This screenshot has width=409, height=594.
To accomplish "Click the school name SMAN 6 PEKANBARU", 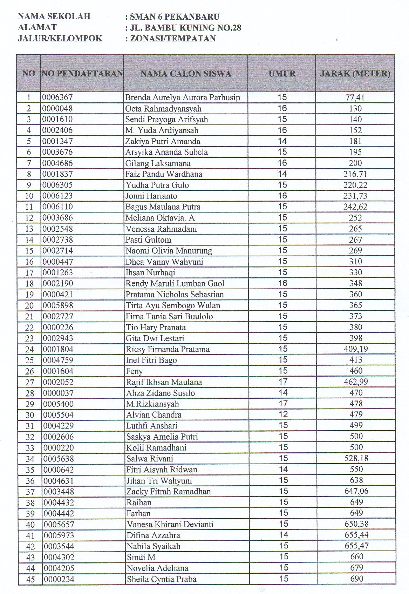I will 175,16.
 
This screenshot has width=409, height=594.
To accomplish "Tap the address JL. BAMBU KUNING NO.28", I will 185,27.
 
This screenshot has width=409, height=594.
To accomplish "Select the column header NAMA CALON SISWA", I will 186,74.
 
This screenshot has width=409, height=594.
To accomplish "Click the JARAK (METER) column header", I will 355,74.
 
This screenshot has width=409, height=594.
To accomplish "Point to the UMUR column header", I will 282,74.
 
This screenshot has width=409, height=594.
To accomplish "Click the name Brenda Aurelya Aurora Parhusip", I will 183,97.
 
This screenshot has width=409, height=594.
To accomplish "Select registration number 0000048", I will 57,108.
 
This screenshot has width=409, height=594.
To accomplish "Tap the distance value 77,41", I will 355,97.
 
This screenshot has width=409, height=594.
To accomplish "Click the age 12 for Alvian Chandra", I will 283,414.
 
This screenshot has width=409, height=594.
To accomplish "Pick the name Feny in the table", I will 135,371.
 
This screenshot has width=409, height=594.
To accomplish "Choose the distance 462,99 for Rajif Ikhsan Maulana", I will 356,382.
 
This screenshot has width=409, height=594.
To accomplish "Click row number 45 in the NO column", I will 30,579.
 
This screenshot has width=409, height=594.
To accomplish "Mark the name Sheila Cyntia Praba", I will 161,579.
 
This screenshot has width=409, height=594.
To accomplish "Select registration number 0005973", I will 58,535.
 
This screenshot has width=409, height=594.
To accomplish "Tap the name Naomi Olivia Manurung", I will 169,251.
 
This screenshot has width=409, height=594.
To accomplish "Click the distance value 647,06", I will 356,491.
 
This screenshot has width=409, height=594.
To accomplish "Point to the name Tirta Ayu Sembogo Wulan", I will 173,305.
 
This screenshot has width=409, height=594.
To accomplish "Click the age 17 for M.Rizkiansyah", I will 283,404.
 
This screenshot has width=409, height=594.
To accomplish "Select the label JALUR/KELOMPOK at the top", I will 60,38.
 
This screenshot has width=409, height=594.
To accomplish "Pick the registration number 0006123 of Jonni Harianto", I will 57,196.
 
